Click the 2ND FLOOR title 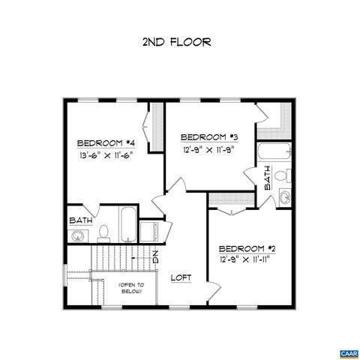176,42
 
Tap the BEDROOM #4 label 106,143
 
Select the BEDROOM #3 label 209,137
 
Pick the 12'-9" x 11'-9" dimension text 209,149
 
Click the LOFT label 181,277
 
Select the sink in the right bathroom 284,197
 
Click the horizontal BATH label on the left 81,220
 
